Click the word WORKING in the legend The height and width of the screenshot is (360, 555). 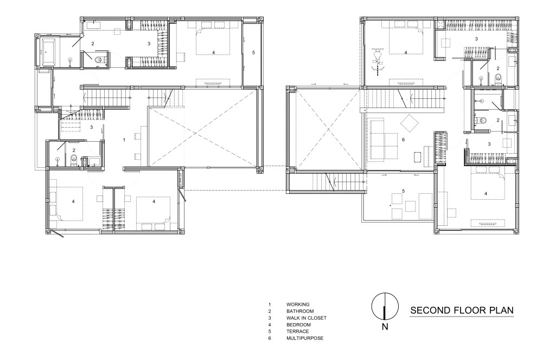[298, 305]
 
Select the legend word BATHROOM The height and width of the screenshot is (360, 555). [300, 311]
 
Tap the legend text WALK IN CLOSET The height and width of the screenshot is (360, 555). [307, 318]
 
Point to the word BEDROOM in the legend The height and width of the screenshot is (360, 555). [298, 325]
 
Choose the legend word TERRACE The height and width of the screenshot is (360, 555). [298, 331]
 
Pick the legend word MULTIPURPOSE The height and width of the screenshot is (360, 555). [305, 338]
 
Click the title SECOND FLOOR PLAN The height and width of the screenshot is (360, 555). [462, 311]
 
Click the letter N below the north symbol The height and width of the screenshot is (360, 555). [385, 327]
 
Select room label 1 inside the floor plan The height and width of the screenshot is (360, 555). [124, 140]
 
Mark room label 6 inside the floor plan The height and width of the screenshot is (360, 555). [403, 140]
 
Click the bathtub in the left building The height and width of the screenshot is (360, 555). [48, 52]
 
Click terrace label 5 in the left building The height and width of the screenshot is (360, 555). [253, 53]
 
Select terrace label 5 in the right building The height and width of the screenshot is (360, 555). [403, 191]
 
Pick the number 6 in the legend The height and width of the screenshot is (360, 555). [270, 338]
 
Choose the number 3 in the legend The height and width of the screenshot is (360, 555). [270, 318]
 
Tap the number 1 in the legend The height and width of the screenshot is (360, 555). [270, 305]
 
